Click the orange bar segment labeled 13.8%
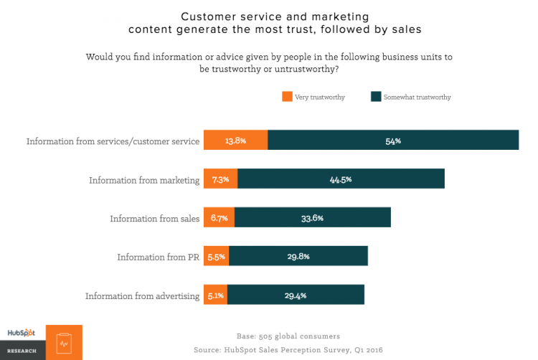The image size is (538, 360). pos(235,141)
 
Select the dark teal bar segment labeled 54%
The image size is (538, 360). pos(393,141)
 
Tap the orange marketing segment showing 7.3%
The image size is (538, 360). pos(220,179)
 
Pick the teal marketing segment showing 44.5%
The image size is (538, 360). pos(341,179)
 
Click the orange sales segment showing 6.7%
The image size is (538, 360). pos(219,218)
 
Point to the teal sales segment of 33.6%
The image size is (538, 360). pos(312,218)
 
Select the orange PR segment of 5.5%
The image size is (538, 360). pos(216,256)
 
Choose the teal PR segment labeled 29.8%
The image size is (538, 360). pos(298,256)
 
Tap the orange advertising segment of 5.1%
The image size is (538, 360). pos(215,295)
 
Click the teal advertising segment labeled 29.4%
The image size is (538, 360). pos(296,295)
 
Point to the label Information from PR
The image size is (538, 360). pos(159,257)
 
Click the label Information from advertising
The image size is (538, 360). pos(142,295)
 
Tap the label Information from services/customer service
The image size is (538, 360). pos(113,141)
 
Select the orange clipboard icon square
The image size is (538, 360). pos(64,342)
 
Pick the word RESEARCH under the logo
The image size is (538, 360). pos(22,352)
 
